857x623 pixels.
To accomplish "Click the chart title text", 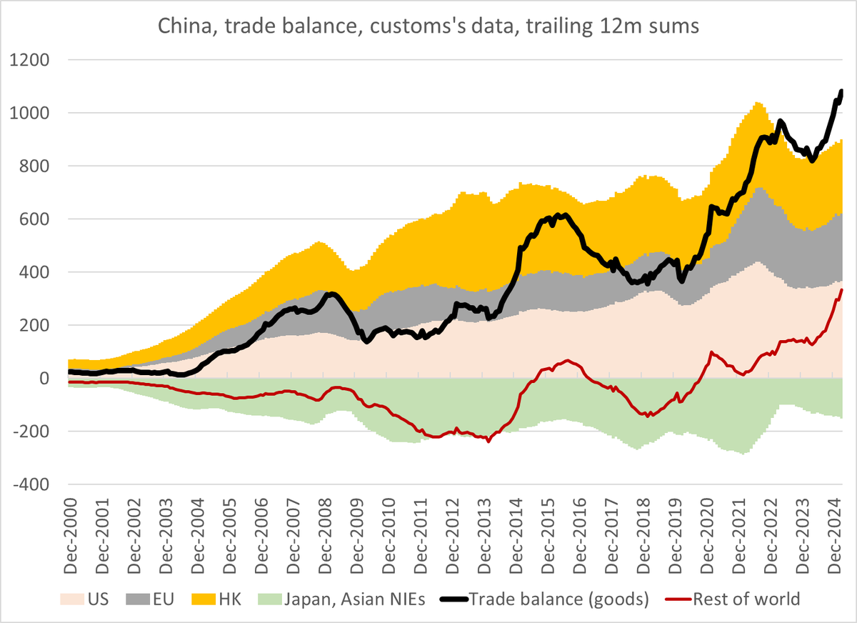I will tap(428, 27).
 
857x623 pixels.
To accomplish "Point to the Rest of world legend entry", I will tap(736, 599).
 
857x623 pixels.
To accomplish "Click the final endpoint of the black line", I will tap(841, 91).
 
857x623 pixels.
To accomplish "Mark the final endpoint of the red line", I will tap(842, 290).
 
